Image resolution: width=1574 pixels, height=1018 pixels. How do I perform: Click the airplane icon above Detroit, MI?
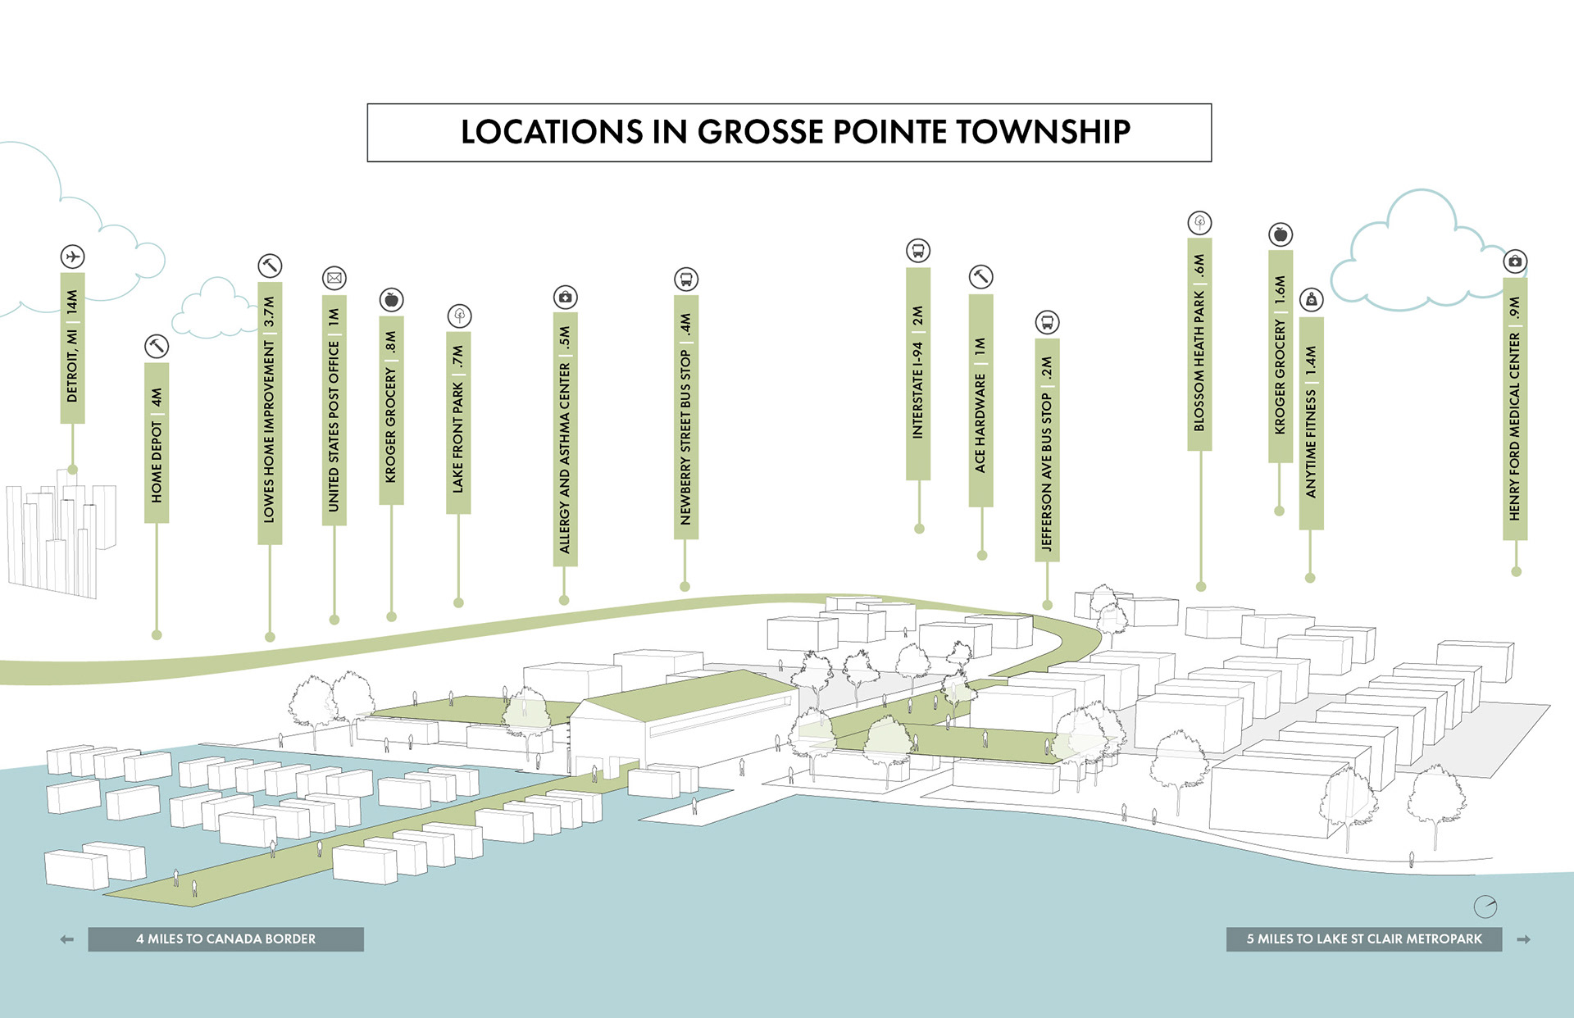point(72,257)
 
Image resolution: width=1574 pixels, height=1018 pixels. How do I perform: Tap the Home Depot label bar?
point(157,443)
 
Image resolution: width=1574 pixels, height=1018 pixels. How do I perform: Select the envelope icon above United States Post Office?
point(334,278)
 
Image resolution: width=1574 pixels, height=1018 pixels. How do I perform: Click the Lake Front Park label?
point(458,423)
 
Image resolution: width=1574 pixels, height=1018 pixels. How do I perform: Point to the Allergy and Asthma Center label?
point(565,439)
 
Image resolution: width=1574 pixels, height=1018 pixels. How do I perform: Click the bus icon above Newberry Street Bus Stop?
point(686,279)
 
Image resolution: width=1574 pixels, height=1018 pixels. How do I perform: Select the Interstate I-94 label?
point(918,374)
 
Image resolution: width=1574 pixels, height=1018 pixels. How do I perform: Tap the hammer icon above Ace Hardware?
point(980,277)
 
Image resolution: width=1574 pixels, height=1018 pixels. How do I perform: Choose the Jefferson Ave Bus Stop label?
point(1047,450)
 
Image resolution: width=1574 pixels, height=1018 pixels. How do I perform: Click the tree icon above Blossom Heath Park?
point(1199,222)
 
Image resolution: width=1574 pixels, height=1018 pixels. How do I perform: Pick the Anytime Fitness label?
point(1311,423)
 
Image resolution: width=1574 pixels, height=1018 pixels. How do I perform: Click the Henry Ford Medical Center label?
point(1515,409)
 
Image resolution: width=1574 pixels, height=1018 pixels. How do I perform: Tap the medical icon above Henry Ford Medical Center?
point(1515,261)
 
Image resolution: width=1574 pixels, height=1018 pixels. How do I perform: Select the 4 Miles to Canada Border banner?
point(225,939)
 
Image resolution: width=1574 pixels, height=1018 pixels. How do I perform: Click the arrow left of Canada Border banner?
point(67,939)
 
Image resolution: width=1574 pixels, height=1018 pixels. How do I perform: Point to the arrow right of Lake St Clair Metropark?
point(1523,939)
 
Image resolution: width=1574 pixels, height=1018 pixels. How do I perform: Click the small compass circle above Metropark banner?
point(1485,907)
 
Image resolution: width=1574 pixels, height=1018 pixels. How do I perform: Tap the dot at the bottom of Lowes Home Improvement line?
point(270,637)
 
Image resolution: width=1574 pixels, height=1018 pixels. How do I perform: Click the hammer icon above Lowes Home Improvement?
point(270,266)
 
